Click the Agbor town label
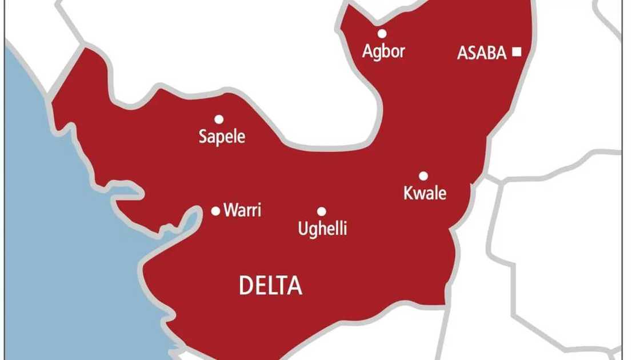coord(383,51)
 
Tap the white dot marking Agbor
coord(382,33)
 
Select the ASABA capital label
coord(482,53)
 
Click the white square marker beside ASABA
coord(517,52)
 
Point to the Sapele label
coord(222,137)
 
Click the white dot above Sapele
coord(219,119)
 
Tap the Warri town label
coord(242,210)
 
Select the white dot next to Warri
coord(215,211)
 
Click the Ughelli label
coord(322,230)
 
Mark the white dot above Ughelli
coord(322,211)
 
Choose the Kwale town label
coord(425,194)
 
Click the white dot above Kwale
coord(423,175)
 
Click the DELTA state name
coord(270,286)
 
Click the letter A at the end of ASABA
coord(501,53)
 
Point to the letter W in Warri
coord(230,210)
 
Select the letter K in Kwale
coord(409,194)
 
